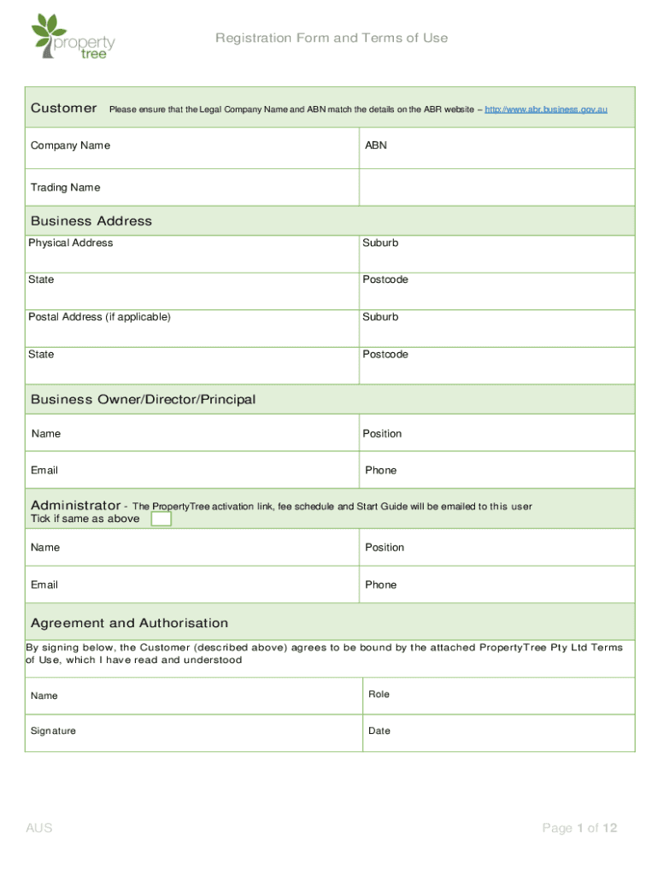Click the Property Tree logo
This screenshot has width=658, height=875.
tap(73, 37)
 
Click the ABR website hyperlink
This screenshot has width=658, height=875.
tap(546, 109)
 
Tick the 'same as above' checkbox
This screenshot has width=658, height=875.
tap(161, 519)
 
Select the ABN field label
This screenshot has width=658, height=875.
tap(376, 145)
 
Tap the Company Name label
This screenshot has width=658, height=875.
tap(70, 145)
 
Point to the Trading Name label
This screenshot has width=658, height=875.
tap(65, 187)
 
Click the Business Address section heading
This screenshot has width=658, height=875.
tap(91, 220)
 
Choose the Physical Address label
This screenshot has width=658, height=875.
tap(70, 243)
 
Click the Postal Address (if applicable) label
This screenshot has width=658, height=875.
tap(99, 317)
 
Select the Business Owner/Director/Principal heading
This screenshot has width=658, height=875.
tap(143, 399)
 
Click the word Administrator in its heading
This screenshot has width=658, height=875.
tap(75, 505)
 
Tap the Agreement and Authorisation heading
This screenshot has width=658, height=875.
tap(129, 623)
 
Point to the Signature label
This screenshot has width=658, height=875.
tap(53, 731)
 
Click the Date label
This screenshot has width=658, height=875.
tap(379, 731)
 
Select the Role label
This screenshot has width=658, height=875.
tap(379, 694)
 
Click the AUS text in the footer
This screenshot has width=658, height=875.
tap(39, 827)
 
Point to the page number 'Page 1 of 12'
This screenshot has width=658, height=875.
tap(579, 827)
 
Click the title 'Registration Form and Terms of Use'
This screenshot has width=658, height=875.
tap(332, 38)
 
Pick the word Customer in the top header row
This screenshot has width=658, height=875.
tap(64, 108)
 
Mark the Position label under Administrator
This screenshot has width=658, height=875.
tap(385, 547)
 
